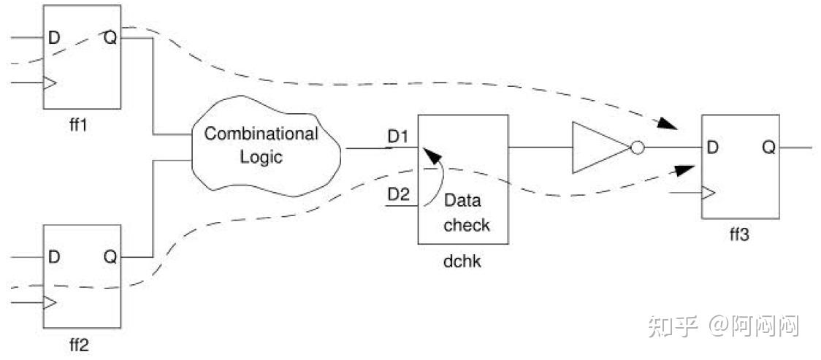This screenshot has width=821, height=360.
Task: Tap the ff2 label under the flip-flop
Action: [x=77, y=345]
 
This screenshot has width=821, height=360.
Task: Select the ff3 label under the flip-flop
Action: [x=738, y=235]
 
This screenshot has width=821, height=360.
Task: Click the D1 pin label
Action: [x=399, y=137]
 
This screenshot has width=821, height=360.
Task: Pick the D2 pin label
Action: [x=399, y=194]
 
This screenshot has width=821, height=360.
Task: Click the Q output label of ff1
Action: [x=110, y=37]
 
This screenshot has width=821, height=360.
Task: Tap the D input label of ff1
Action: [x=54, y=37]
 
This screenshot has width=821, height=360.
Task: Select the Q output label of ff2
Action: [x=110, y=257]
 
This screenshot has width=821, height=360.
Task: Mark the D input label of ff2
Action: [x=54, y=257]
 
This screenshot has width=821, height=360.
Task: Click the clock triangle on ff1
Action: [x=50, y=83]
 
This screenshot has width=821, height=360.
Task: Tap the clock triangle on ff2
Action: [x=50, y=302]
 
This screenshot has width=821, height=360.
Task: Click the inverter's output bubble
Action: [x=637, y=148]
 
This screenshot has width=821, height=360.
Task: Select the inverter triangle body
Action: [x=595, y=148]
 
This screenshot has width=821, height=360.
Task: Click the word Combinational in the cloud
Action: [x=261, y=134]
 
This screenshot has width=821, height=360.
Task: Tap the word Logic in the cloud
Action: [x=261, y=157]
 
